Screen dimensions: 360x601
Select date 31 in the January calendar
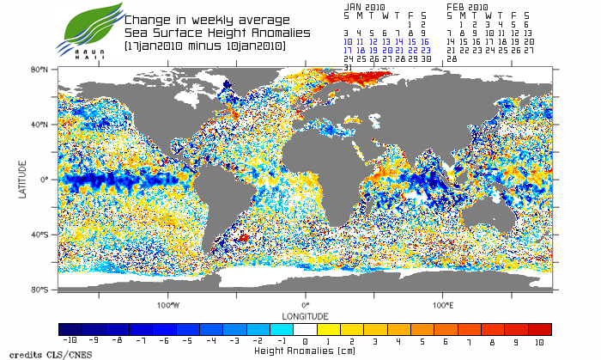[x=348, y=67]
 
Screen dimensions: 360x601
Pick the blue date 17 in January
[x=348, y=50]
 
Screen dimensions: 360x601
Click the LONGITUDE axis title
[x=306, y=315]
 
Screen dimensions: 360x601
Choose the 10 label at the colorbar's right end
[x=539, y=341]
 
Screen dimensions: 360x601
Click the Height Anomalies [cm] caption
[x=305, y=351]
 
